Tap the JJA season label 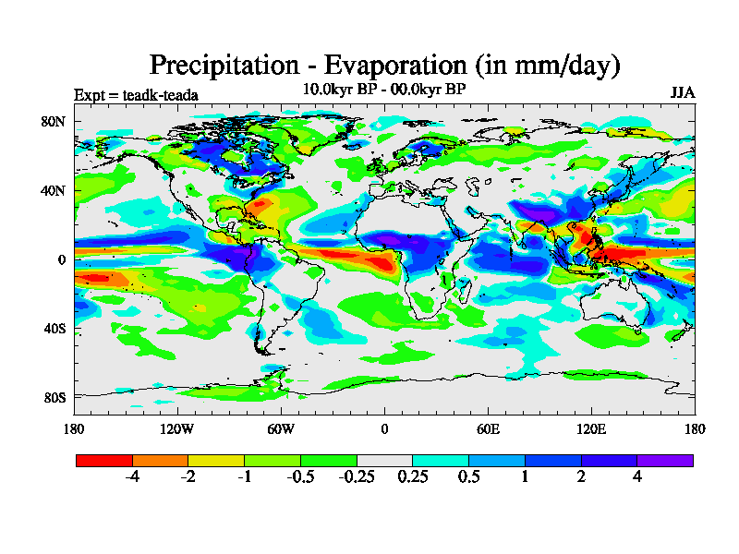pyautogui.click(x=683, y=94)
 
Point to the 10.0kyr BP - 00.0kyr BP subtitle pyautogui.click(x=383, y=90)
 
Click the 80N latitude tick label pyautogui.click(x=54, y=121)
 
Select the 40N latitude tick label pyautogui.click(x=54, y=190)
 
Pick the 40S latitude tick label pyautogui.click(x=54, y=329)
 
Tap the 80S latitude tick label pyautogui.click(x=54, y=397)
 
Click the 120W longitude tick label pyautogui.click(x=177, y=428)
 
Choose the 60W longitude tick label pyautogui.click(x=281, y=428)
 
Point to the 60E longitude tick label pyautogui.click(x=488, y=428)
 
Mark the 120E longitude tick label pyautogui.click(x=591, y=428)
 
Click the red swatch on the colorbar pyautogui.click(x=104, y=460)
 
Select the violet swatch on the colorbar pyautogui.click(x=665, y=460)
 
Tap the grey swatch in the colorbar pyautogui.click(x=384, y=460)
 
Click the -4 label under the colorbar pyautogui.click(x=131, y=477)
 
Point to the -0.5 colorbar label pyautogui.click(x=299, y=477)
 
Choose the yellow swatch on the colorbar pyautogui.click(x=216, y=460)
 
